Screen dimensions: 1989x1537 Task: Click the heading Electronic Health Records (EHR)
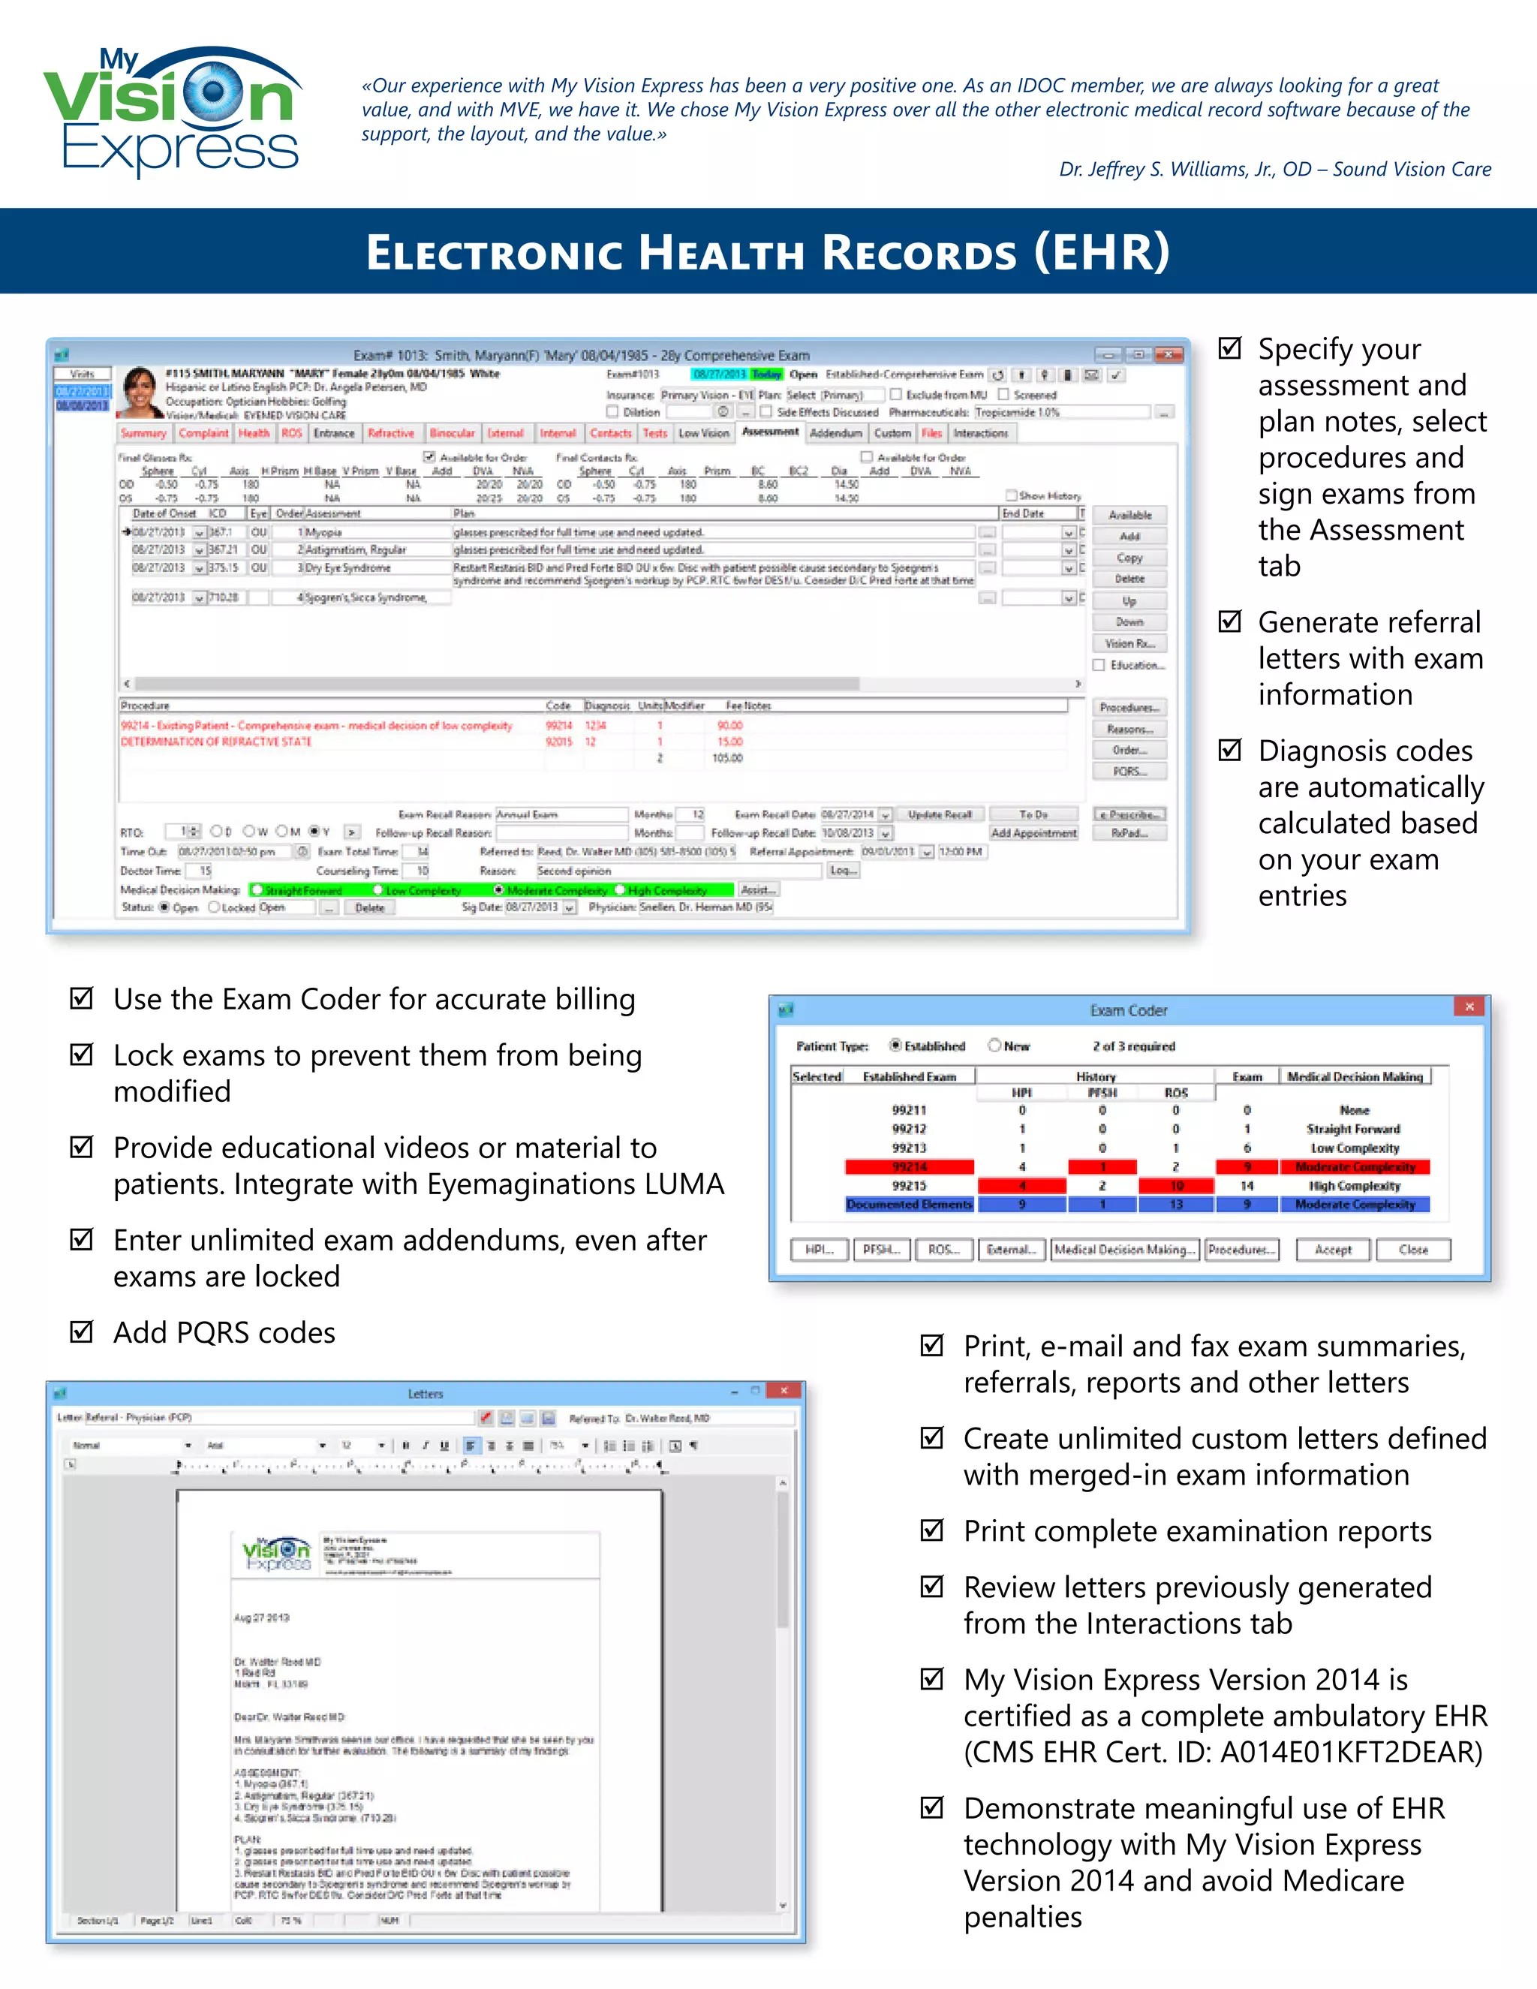pos(768,252)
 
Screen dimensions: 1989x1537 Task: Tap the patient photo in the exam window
pos(140,392)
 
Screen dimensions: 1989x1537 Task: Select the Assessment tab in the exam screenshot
pos(769,432)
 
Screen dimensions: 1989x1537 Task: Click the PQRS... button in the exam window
pos(1129,772)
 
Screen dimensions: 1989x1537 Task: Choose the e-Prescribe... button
pos(1129,814)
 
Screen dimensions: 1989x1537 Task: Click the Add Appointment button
pos(1033,832)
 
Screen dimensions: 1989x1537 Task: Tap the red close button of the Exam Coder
pos(1469,1007)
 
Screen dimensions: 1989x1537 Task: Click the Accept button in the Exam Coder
pos(1333,1250)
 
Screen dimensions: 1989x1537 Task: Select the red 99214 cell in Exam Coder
pos(909,1166)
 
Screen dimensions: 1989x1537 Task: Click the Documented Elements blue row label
pos(909,1204)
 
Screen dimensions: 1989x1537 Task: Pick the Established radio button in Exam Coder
pos(896,1046)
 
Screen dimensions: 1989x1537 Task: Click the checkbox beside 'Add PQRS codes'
pos(82,1332)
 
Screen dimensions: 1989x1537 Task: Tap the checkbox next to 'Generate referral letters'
pos(1230,621)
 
